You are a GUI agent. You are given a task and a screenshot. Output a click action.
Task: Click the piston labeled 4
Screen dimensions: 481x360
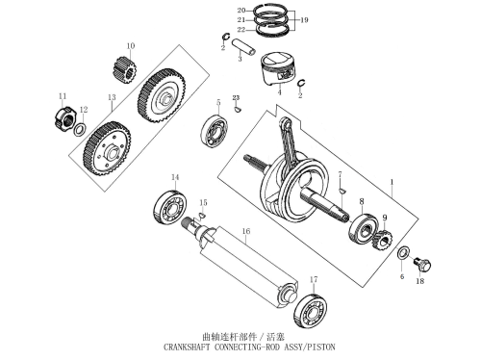click(277, 68)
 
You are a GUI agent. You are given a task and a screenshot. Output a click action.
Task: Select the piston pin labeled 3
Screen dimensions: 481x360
click(244, 46)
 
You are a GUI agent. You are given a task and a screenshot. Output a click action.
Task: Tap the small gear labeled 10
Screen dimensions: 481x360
click(125, 70)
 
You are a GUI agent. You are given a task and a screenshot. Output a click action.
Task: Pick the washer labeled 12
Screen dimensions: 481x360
click(80, 129)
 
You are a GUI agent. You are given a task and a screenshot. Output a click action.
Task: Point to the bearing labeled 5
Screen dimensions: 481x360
click(215, 130)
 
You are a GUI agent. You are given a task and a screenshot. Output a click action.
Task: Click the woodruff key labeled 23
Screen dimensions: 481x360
click(238, 109)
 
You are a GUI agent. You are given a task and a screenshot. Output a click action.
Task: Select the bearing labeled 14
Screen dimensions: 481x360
click(170, 207)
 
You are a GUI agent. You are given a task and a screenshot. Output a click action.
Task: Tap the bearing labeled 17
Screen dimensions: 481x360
click(311, 310)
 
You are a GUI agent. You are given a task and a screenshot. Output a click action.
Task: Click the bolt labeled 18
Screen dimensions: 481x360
click(422, 264)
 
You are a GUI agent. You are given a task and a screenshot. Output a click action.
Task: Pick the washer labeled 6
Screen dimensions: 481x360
click(403, 252)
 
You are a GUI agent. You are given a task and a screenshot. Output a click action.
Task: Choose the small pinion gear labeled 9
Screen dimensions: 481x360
click(382, 240)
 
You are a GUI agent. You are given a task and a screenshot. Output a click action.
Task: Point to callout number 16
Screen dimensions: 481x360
click(246, 231)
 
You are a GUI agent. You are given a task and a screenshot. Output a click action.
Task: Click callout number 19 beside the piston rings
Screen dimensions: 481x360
click(304, 20)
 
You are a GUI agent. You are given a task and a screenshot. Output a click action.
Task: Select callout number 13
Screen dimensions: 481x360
click(112, 97)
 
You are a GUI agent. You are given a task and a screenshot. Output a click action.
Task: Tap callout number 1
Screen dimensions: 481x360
click(392, 182)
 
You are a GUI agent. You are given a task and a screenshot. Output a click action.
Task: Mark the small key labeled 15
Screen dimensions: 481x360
click(202, 216)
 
